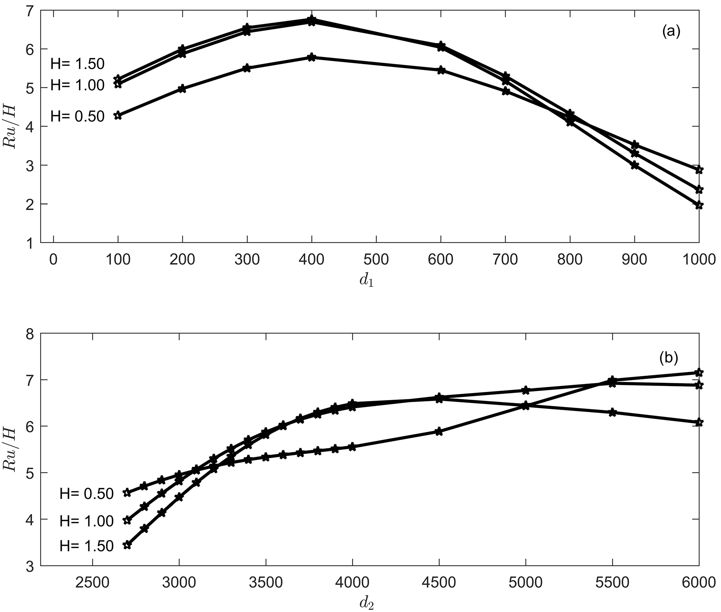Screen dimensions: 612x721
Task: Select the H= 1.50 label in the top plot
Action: tap(77, 64)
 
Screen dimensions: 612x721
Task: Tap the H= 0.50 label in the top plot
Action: tap(77, 116)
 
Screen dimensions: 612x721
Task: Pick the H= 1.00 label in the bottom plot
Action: tap(87, 521)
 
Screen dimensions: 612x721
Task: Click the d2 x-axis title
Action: tap(367, 603)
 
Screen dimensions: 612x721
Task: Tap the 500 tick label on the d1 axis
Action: tap(376, 260)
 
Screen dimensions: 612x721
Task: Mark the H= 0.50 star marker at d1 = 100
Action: tap(118, 115)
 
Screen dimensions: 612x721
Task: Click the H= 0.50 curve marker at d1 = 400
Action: tap(312, 57)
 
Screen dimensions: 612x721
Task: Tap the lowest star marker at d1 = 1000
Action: tap(699, 205)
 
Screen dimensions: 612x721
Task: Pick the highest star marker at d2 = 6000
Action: tap(699, 372)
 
